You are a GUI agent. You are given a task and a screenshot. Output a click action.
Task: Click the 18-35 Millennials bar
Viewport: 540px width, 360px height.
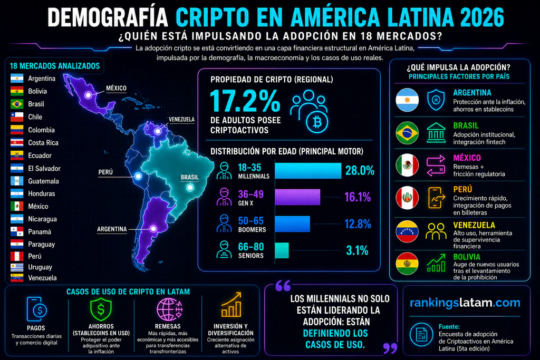click(308, 171)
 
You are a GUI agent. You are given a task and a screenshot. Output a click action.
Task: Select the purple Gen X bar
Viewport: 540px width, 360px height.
click(297, 197)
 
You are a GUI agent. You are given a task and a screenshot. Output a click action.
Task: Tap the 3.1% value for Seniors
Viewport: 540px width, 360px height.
click(357, 250)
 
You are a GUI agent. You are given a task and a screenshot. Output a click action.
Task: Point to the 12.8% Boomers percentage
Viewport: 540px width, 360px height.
click(358, 224)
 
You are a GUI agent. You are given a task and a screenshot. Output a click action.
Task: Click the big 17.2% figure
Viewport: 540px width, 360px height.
click(245, 101)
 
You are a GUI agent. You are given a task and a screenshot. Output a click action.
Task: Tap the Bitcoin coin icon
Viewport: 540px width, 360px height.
click(317, 122)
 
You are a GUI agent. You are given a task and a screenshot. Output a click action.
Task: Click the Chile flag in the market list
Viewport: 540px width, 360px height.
click(17, 117)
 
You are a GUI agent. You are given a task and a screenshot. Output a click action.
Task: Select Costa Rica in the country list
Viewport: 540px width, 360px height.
click(43, 142)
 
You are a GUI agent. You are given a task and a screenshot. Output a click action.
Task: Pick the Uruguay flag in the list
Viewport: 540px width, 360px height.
click(17, 267)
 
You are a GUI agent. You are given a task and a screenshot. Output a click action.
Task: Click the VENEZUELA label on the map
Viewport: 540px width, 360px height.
click(181, 120)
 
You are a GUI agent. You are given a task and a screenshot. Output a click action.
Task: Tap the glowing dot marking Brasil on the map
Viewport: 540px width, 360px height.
click(190, 188)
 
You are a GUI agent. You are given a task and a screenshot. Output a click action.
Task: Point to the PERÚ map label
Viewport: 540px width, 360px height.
click(105, 172)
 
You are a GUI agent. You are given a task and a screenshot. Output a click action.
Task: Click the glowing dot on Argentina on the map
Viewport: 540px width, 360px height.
click(153, 229)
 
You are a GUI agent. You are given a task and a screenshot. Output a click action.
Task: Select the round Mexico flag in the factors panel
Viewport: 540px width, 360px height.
click(407, 165)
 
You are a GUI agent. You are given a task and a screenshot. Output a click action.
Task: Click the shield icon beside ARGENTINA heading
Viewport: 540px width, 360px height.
click(436, 100)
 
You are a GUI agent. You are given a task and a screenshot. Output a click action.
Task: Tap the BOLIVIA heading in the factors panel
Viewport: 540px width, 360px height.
click(467, 257)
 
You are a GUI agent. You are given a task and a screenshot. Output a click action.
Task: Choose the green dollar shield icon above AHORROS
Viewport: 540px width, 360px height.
click(101, 309)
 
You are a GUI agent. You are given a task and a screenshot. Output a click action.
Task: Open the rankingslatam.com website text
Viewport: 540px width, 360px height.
click(465, 303)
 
